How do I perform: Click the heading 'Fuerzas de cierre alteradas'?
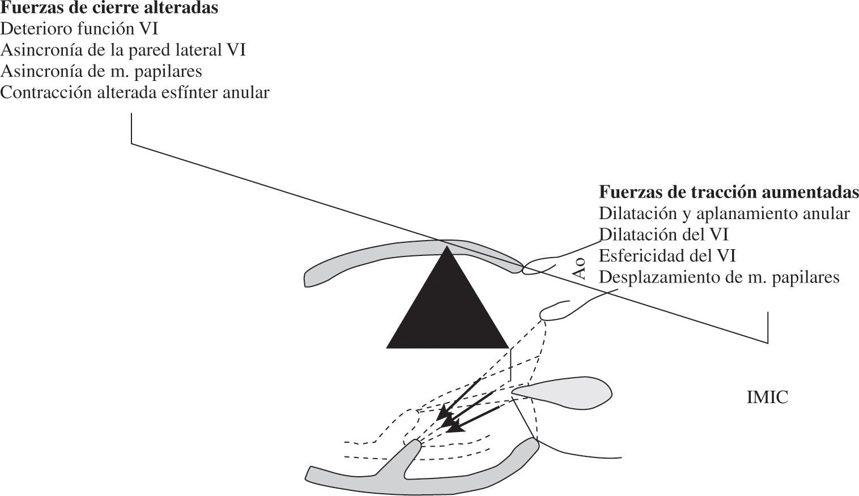click(109, 8)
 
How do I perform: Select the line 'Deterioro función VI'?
click(79, 29)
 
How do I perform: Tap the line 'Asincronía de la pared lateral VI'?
click(123, 50)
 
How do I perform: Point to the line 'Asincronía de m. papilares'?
click(101, 72)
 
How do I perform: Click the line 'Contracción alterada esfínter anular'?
click(135, 93)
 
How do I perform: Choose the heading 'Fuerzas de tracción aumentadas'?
click(729, 192)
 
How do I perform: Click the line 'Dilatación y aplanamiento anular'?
click(724, 213)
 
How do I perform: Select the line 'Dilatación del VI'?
click(664, 234)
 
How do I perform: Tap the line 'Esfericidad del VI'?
click(667, 256)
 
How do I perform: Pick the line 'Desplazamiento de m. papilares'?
click(719, 277)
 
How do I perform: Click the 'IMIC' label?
click(767, 397)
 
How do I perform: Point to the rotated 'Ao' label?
click(579, 268)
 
